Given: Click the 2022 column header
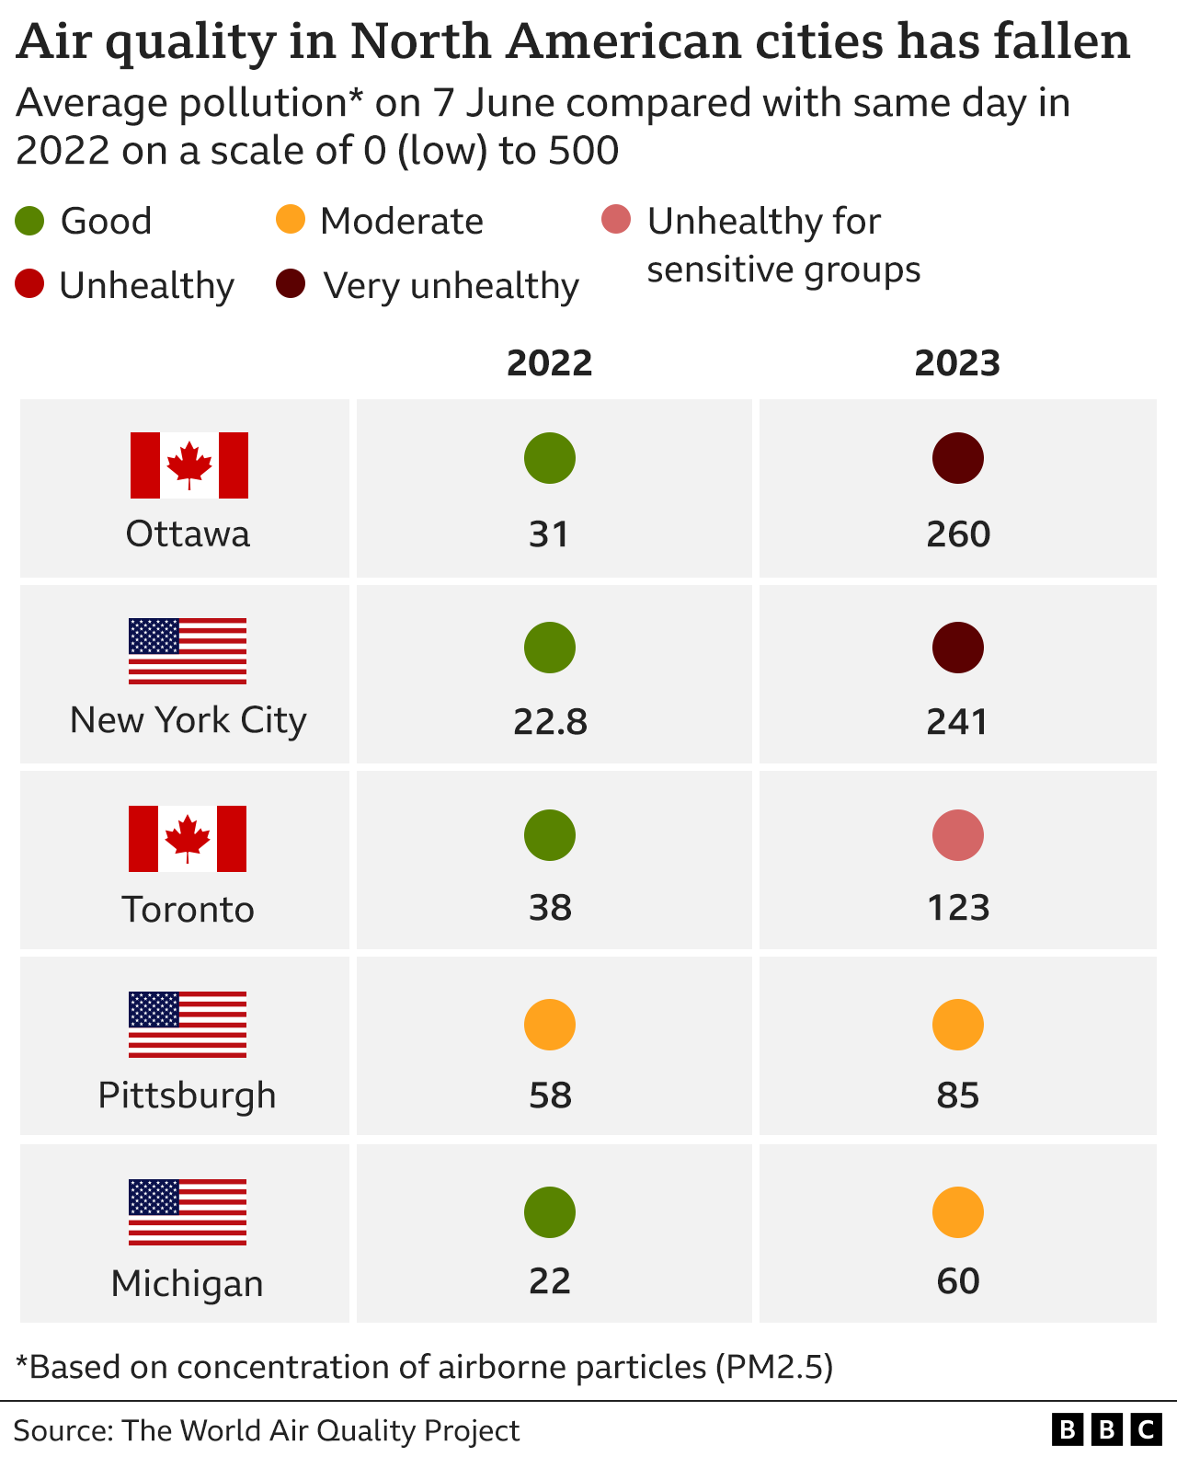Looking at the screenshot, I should (x=549, y=363).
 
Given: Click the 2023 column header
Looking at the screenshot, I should (x=957, y=363).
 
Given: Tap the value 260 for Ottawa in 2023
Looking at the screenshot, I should (x=958, y=534).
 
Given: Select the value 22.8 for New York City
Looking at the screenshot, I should (x=550, y=721).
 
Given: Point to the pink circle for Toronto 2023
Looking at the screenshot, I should (x=958, y=835).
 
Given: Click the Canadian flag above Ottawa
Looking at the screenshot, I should (x=189, y=465).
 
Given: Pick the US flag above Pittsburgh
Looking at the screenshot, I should (x=188, y=1025).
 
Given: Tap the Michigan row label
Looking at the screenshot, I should (x=188, y=1283).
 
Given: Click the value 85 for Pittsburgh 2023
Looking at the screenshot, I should (x=958, y=1096).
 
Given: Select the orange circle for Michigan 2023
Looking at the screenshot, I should (x=958, y=1212).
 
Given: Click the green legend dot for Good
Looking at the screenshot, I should (x=30, y=221).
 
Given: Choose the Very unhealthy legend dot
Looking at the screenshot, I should (x=291, y=284).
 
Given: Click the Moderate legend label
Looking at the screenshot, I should (x=402, y=222).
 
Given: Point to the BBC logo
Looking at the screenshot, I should (x=1107, y=1429).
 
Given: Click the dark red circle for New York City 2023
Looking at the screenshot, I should (x=958, y=648).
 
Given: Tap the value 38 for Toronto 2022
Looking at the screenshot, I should (x=550, y=908).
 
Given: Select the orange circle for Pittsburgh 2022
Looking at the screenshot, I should (x=550, y=1025).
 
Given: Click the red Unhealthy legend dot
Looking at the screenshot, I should (x=30, y=284).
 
